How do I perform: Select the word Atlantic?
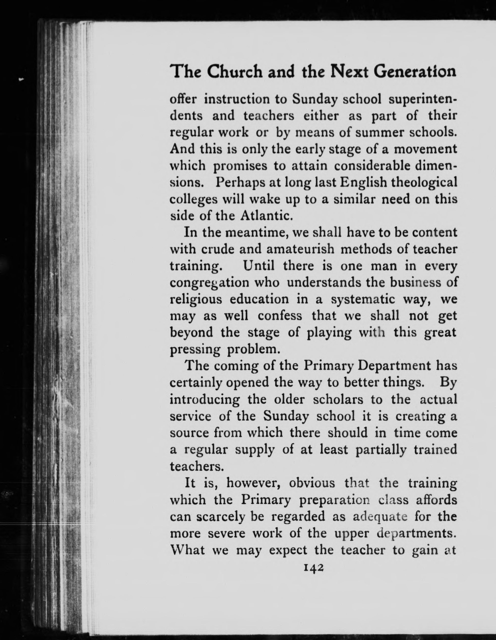coord(266,216)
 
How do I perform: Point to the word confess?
coord(280,316)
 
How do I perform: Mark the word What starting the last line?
coord(187,550)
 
